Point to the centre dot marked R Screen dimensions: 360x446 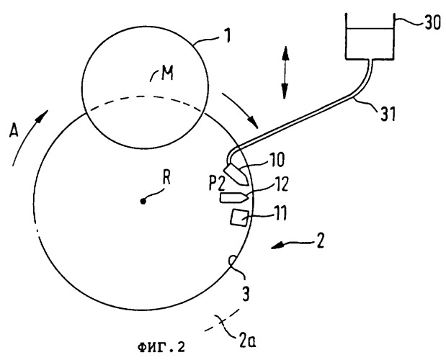click(x=143, y=202)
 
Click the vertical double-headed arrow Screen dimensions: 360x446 click(x=285, y=71)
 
